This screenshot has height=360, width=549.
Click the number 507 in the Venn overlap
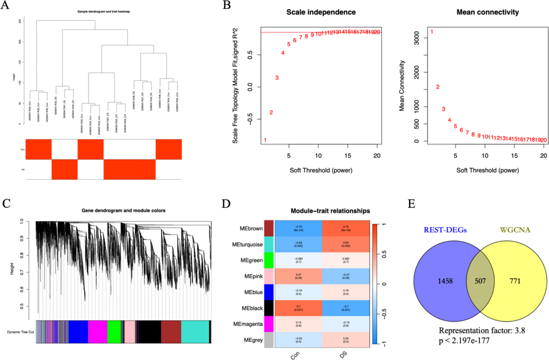(x=480, y=281)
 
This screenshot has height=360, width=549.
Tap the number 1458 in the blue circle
(x=445, y=281)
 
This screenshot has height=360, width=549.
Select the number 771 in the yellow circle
(x=515, y=281)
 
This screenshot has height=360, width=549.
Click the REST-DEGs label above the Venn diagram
(x=445, y=230)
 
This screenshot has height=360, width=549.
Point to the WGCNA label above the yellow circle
(x=515, y=230)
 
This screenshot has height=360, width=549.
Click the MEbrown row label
(x=251, y=229)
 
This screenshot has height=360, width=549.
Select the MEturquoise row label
(x=247, y=244)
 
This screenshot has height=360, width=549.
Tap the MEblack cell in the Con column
(x=298, y=308)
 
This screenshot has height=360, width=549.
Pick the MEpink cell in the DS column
(x=346, y=276)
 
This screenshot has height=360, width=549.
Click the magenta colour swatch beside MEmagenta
(x=269, y=324)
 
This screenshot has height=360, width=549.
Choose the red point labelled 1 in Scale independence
(x=265, y=140)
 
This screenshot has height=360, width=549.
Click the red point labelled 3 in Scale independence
(x=277, y=78)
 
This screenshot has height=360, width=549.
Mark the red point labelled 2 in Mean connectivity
(x=437, y=87)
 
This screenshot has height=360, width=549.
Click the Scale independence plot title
(x=321, y=12)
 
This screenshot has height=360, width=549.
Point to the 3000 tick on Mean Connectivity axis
(x=416, y=38)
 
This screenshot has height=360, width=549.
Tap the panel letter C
(x=6, y=204)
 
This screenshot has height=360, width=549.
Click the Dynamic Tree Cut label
(x=21, y=332)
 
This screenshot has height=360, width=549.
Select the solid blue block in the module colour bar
(x=78, y=332)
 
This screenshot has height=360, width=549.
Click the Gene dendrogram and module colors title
(x=123, y=210)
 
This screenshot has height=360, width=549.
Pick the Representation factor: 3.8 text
(x=482, y=330)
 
